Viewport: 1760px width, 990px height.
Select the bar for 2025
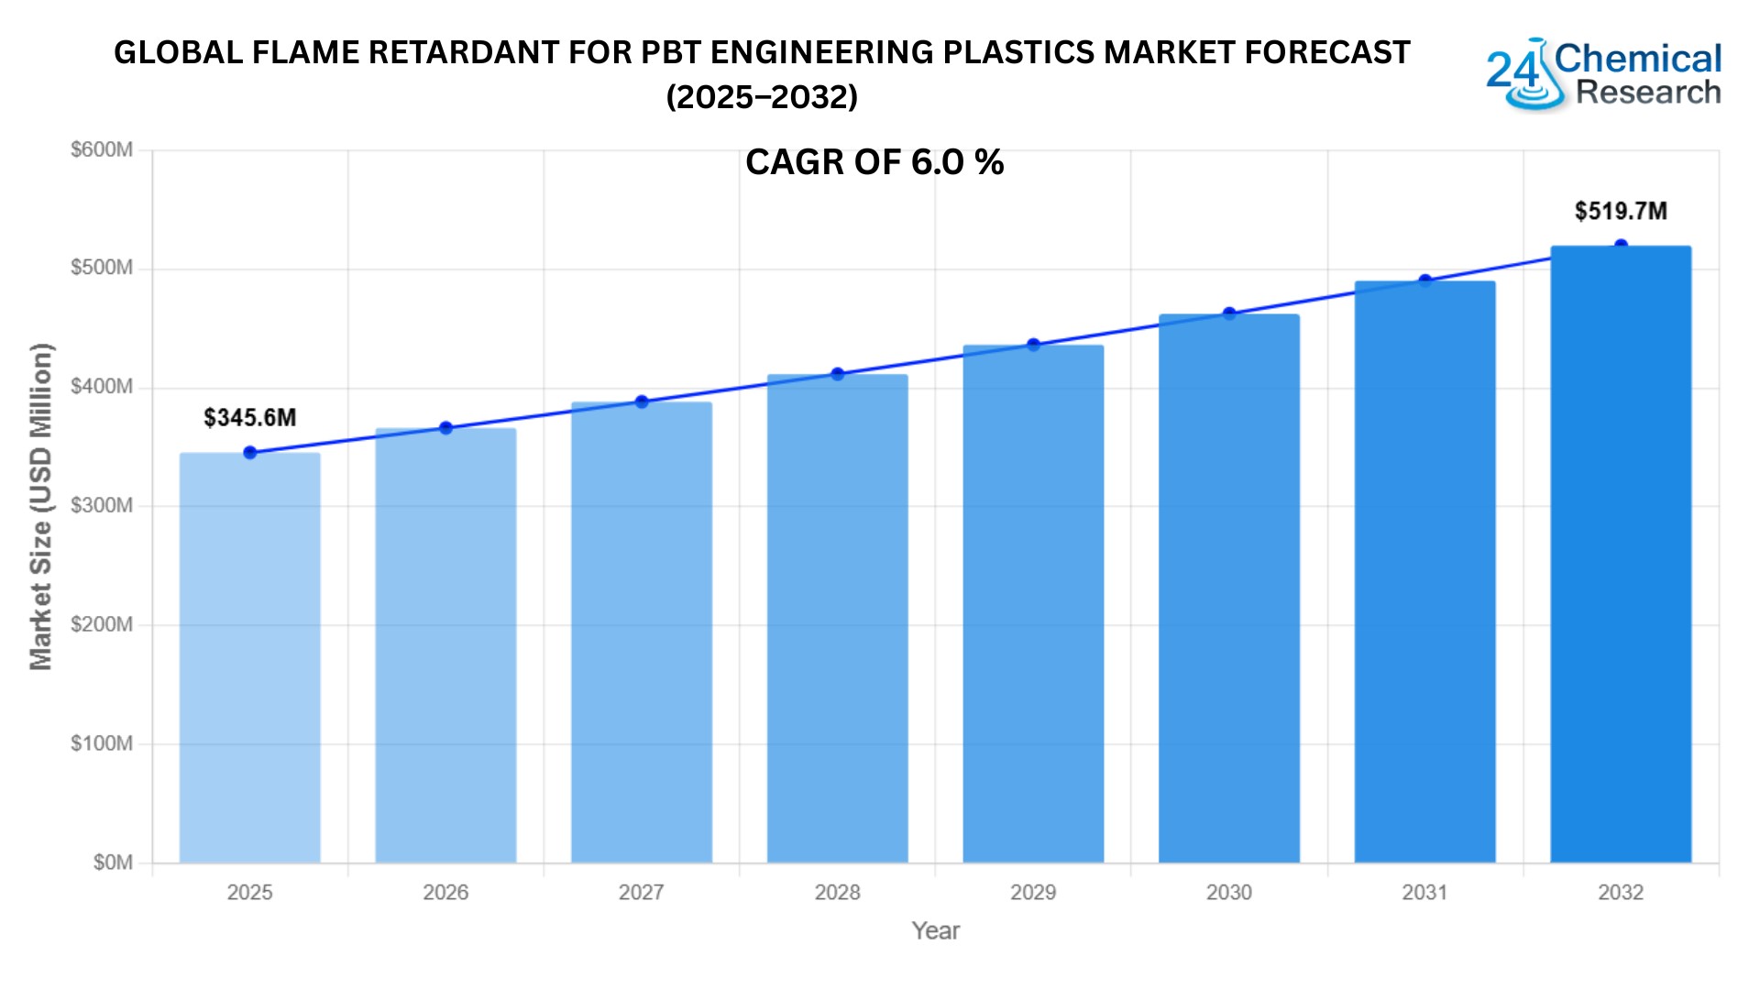(249, 657)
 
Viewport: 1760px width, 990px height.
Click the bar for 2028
(837, 619)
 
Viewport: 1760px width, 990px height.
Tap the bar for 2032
(1620, 555)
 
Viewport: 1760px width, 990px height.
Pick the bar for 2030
(1228, 588)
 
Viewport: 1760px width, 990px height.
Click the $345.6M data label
(249, 418)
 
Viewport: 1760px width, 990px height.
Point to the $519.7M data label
(1620, 211)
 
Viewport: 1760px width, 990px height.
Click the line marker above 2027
(642, 401)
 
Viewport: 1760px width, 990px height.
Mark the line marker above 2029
(1033, 345)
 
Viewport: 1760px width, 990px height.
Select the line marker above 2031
(1424, 280)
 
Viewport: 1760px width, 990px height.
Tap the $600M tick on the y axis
(101, 149)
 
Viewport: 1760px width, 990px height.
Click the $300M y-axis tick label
(101, 505)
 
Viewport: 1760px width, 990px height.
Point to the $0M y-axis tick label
(112, 863)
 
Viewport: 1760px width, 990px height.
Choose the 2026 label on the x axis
(445, 892)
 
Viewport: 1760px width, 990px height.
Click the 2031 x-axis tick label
(1424, 892)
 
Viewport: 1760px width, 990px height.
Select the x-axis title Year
(935, 930)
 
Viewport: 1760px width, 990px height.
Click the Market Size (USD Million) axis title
(41, 506)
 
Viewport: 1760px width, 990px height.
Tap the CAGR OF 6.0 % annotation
(874, 162)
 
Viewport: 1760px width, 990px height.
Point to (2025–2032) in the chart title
(762, 96)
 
